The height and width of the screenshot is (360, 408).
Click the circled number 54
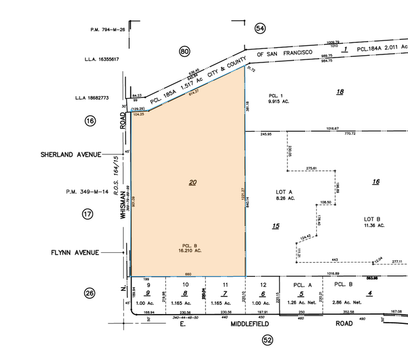[x=260, y=28]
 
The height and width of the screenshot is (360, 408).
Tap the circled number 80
[x=184, y=51]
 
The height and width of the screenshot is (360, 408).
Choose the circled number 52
[x=267, y=340]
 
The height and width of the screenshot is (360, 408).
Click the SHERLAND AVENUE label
[x=71, y=155]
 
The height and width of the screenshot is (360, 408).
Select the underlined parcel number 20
[x=192, y=182]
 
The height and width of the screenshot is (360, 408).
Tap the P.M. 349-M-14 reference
[x=88, y=192]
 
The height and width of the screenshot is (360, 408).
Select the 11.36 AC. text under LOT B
[x=372, y=225]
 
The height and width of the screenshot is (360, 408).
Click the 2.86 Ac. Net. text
[x=347, y=302]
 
